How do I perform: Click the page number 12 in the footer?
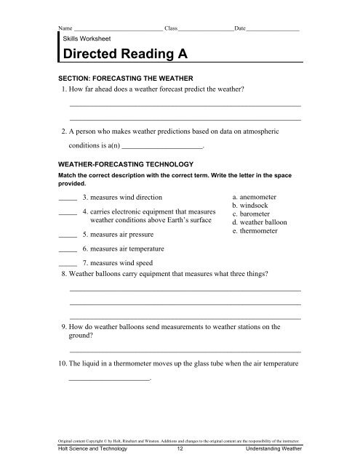click(x=180, y=450)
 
